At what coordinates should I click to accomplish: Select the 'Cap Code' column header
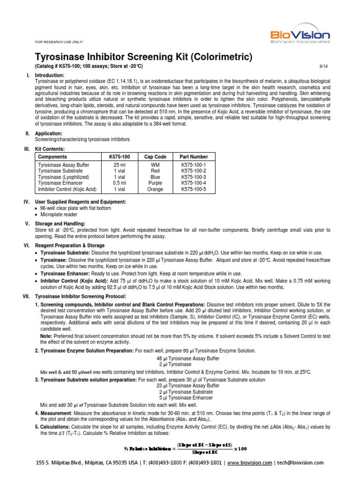click(155, 157)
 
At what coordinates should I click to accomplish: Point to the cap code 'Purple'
click(155, 183)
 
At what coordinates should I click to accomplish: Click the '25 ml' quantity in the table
click(120, 165)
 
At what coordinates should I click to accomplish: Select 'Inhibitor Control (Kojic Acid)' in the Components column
click(67, 189)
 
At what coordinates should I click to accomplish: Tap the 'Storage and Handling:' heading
click(60, 224)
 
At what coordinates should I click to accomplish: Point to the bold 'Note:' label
click(46, 336)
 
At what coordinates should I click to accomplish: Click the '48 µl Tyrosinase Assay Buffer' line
click(180, 358)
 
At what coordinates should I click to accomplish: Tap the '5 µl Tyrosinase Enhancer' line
click(180, 397)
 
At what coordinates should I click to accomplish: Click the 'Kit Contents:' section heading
click(51, 149)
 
